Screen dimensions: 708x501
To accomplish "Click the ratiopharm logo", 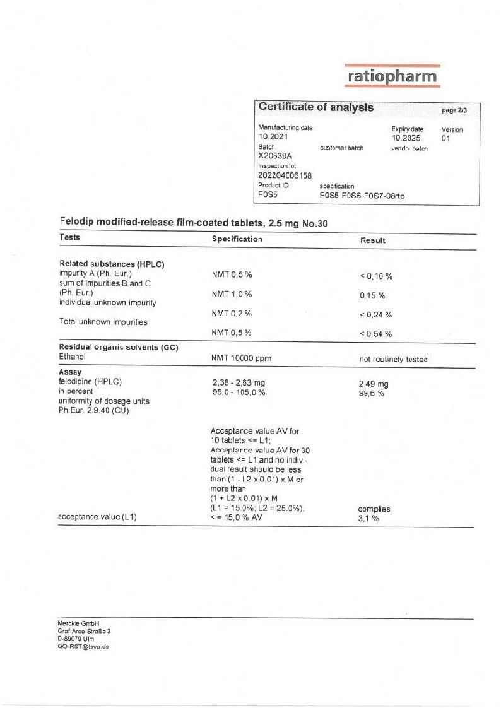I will click(392, 76).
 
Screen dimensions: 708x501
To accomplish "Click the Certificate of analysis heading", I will click(315, 108).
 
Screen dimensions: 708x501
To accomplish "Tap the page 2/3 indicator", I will click(454, 110).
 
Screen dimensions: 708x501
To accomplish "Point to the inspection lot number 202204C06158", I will click(285, 175).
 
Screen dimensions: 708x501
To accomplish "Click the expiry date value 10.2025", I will click(406, 138).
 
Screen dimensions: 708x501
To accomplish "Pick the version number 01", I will click(446, 138).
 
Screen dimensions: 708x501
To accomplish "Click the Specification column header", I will click(237, 239).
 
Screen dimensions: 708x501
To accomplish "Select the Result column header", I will click(372, 240).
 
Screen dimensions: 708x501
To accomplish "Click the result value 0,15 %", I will click(372, 295).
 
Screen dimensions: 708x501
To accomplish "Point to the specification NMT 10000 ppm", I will click(242, 358).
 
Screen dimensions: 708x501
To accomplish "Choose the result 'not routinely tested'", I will click(392, 359).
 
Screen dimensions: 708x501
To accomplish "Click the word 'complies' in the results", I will click(374, 509).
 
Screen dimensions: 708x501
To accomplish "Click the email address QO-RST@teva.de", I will click(83, 646).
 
